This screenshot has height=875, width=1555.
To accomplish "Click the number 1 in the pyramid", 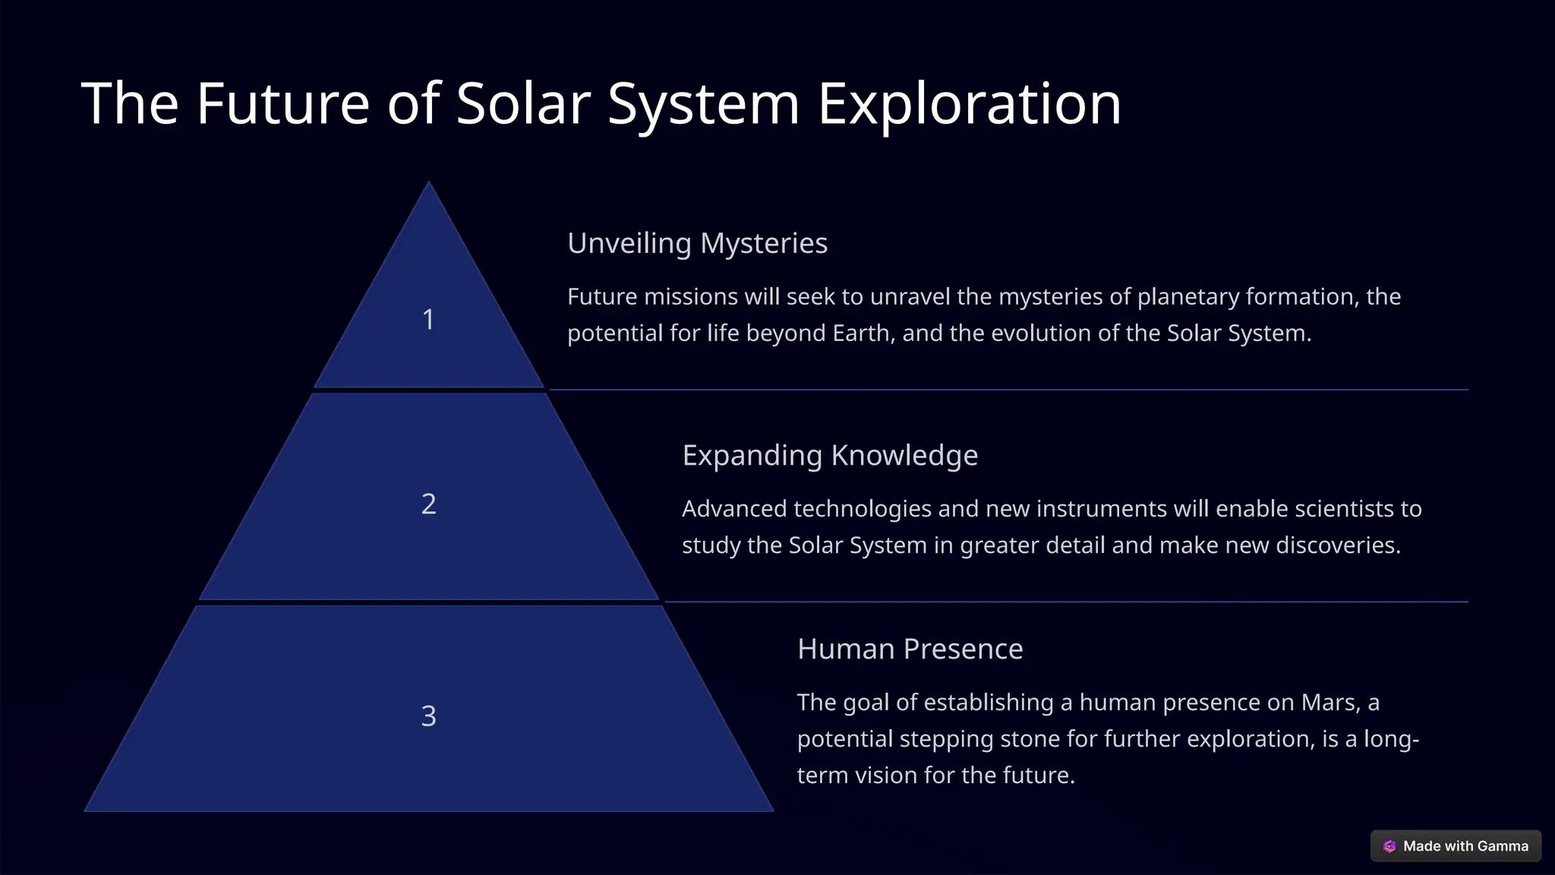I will (428, 320).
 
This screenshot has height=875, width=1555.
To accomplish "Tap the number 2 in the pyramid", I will (428, 504).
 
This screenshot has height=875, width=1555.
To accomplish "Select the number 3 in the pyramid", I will (428, 716).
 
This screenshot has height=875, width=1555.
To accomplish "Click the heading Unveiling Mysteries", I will (697, 243).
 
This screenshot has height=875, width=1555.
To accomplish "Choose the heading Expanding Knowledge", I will (829, 456).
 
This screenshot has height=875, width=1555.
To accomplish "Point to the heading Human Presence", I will (910, 649).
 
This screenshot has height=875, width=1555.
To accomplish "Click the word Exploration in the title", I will (969, 103).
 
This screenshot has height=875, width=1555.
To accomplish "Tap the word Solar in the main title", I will (523, 103).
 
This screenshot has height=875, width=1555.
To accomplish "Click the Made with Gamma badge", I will (1456, 846).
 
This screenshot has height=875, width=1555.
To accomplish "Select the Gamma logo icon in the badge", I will (1389, 846).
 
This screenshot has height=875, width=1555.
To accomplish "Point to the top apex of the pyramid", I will (429, 184).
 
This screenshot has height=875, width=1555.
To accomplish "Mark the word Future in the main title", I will (282, 103).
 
